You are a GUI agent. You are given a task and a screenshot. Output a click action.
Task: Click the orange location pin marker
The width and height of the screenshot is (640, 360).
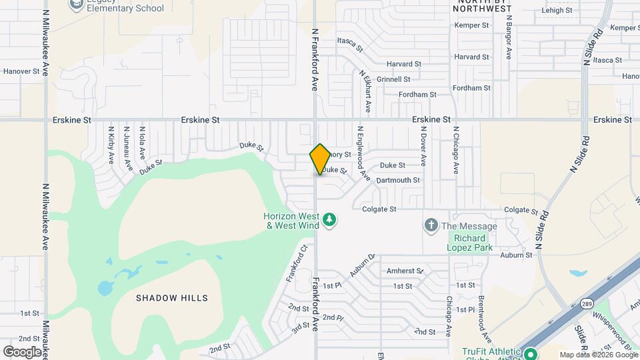(320, 159)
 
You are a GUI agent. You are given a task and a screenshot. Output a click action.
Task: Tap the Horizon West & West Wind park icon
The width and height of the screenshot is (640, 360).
(329, 219)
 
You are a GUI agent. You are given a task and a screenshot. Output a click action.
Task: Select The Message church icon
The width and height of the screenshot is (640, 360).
(431, 226)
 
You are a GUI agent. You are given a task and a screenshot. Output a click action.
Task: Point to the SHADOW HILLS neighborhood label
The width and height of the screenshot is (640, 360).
(172, 298)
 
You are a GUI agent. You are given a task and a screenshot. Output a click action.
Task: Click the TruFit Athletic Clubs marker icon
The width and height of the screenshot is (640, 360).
(531, 353)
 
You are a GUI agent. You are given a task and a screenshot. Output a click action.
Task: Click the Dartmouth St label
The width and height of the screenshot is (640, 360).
(398, 180)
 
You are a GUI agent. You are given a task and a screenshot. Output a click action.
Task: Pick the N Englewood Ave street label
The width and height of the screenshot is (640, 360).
(365, 154)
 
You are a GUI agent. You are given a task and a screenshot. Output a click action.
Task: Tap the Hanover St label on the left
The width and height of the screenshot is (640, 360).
(22, 71)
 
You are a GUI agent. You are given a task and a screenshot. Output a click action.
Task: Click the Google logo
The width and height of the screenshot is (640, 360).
(22, 351)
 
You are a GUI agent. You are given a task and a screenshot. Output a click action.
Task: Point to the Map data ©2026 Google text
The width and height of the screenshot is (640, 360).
(598, 355)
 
